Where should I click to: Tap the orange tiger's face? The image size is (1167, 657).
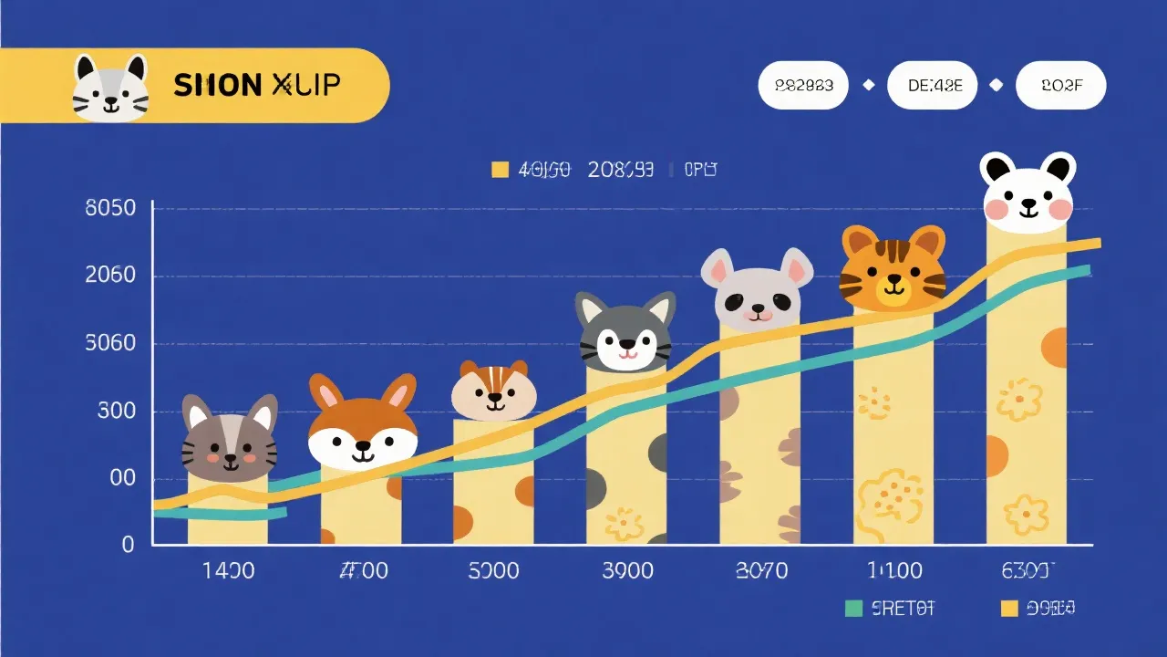(x=893, y=269)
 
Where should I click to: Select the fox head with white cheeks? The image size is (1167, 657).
(x=363, y=424)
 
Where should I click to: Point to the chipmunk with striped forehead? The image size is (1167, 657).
(x=494, y=391)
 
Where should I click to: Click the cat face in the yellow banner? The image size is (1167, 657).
(x=110, y=88)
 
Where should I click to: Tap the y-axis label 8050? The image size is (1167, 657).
(x=110, y=208)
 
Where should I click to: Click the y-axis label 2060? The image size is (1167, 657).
(x=110, y=276)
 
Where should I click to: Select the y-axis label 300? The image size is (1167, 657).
(x=116, y=411)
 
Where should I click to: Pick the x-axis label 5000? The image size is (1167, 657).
(x=493, y=571)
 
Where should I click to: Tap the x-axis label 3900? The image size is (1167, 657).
(x=627, y=571)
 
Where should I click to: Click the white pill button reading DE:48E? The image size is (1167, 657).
(x=931, y=86)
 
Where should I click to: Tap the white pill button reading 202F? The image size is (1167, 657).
(x=1061, y=86)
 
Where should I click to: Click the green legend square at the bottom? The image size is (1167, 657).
(x=853, y=609)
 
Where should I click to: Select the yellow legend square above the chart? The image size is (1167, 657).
(x=499, y=169)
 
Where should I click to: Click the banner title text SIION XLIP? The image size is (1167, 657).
(x=256, y=86)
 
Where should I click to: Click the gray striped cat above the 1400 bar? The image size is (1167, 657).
(x=229, y=440)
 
